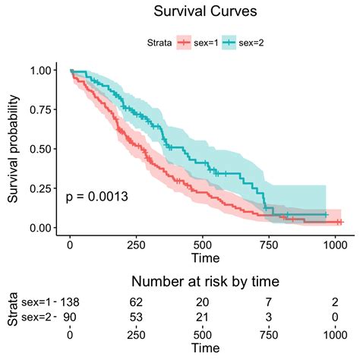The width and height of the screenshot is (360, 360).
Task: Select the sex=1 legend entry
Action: click(x=206, y=43)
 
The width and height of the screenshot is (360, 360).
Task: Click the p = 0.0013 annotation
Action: click(x=96, y=197)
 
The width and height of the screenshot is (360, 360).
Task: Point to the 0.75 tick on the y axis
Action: click(x=43, y=109)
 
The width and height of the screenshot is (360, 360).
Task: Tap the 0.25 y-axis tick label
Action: click(x=43, y=188)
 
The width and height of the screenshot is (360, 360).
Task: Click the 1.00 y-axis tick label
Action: click(x=43, y=70)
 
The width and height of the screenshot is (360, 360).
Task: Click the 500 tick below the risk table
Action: click(x=202, y=333)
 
